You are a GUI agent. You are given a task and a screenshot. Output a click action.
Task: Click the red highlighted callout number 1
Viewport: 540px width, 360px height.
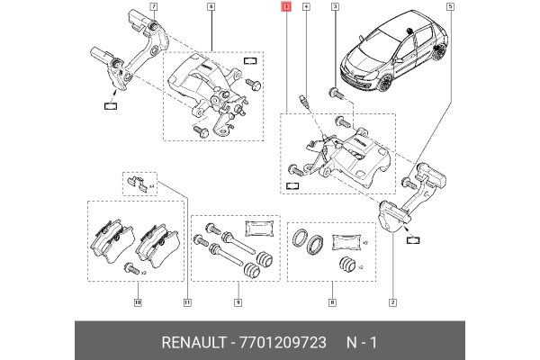pyautogui.click(x=286, y=7)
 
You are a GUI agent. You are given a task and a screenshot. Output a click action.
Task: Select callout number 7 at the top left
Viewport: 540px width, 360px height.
pyautogui.click(x=153, y=7)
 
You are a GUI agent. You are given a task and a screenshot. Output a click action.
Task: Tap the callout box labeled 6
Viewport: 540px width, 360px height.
pyautogui.click(x=211, y=7)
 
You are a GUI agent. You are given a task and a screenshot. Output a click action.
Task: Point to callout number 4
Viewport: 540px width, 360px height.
pyautogui.click(x=307, y=7)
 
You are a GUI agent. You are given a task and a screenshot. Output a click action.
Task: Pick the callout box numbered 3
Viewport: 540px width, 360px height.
pyautogui.click(x=335, y=7)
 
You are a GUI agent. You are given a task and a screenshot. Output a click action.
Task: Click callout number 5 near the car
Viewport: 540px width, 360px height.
pyautogui.click(x=450, y=7)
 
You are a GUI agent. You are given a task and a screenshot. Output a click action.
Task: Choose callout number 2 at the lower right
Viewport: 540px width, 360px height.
pyautogui.click(x=392, y=302)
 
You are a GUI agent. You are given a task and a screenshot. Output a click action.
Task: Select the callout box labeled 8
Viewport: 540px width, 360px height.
pyautogui.click(x=332, y=302)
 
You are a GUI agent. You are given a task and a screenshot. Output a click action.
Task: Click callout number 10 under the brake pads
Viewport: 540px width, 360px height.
pyautogui.click(x=138, y=302)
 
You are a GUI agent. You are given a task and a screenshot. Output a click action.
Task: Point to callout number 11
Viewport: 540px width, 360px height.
pyautogui.click(x=187, y=302)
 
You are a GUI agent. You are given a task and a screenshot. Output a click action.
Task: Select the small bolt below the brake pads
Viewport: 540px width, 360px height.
pyautogui.click(x=130, y=267)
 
